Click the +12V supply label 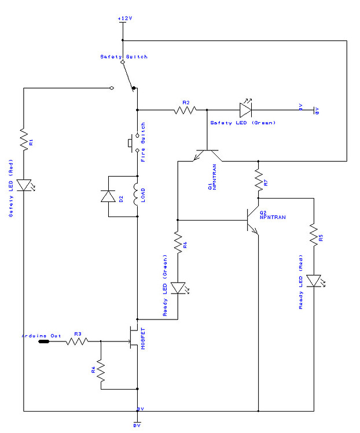click(x=124, y=19)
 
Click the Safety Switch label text click(x=123, y=57)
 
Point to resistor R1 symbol click(x=24, y=140)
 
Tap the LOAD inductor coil click(x=138, y=196)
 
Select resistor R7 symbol click(x=258, y=181)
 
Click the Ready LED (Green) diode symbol click(x=178, y=288)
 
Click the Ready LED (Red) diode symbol click(x=313, y=281)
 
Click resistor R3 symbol click(x=76, y=342)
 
